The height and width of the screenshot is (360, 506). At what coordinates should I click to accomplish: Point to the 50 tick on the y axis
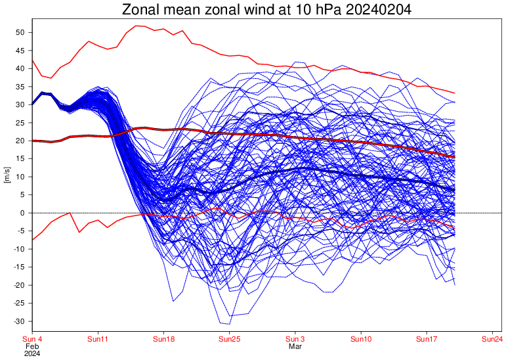coord(20,32)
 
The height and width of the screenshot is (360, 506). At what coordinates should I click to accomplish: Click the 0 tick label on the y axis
coord(22,213)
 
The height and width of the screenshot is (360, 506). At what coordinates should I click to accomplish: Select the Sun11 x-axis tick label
coord(98,339)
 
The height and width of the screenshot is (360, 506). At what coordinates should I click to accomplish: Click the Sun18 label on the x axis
coord(164,339)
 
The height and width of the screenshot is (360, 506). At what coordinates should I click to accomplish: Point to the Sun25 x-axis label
coord(230,339)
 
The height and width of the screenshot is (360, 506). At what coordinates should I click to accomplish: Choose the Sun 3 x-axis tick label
coord(295,339)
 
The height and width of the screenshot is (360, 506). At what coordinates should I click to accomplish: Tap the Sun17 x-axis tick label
coord(427,339)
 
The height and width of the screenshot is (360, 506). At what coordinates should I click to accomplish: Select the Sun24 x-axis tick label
coord(493,339)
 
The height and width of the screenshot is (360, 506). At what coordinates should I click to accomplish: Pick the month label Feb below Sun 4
coord(32,346)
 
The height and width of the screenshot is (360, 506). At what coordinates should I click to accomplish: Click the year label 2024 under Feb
coord(32,353)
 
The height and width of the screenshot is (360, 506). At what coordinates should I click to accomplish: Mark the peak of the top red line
coord(136,26)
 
